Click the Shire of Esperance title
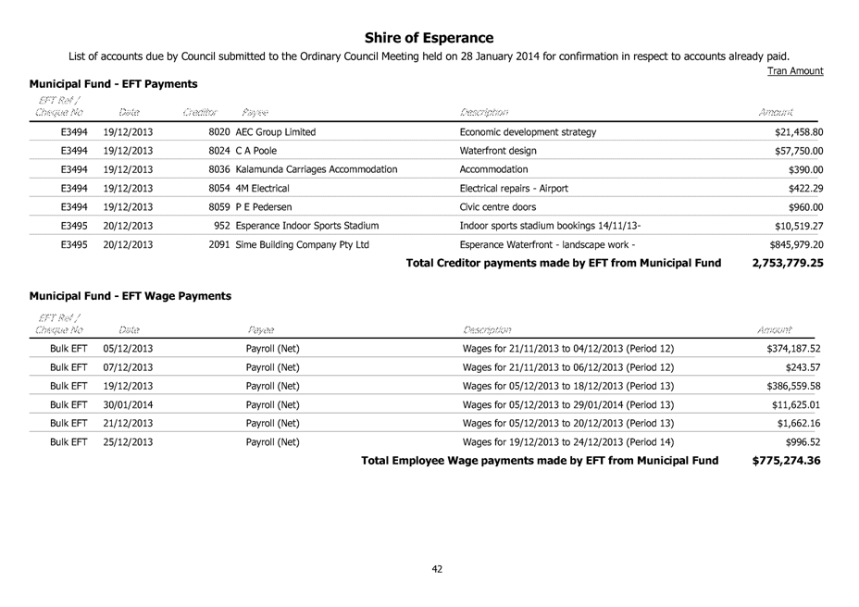tap(429, 38)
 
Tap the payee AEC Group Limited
tap(275, 132)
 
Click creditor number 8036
tap(220, 169)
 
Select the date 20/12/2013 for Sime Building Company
tap(129, 245)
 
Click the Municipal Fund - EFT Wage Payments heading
tap(130, 296)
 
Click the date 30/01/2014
tap(129, 404)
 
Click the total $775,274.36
tap(786, 461)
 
